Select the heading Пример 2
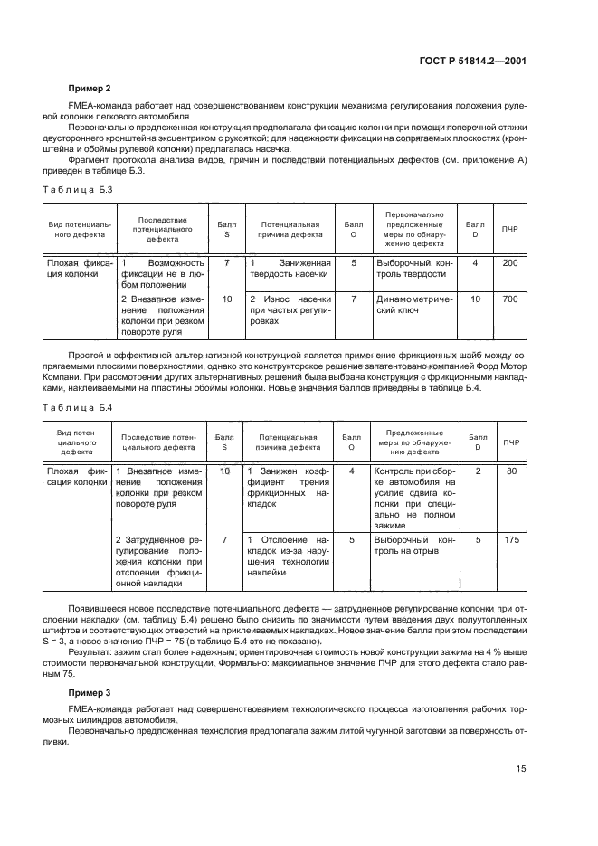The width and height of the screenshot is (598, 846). (x=90, y=89)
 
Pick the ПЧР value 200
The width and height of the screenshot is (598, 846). (x=510, y=262)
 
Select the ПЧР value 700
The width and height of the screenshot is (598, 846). (x=510, y=299)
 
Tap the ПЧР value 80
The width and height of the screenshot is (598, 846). (x=510, y=471)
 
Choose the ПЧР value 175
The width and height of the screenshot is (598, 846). (x=510, y=539)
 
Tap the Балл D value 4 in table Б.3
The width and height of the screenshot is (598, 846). (x=475, y=262)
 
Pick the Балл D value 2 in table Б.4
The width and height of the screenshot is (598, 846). (x=478, y=471)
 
